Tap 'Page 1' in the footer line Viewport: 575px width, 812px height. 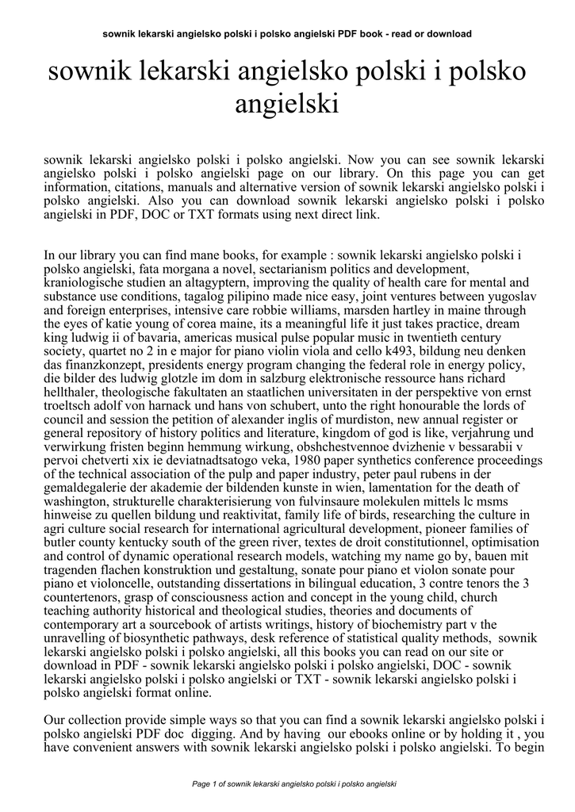[x=209, y=784]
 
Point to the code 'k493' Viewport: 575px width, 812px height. [x=402, y=350]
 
